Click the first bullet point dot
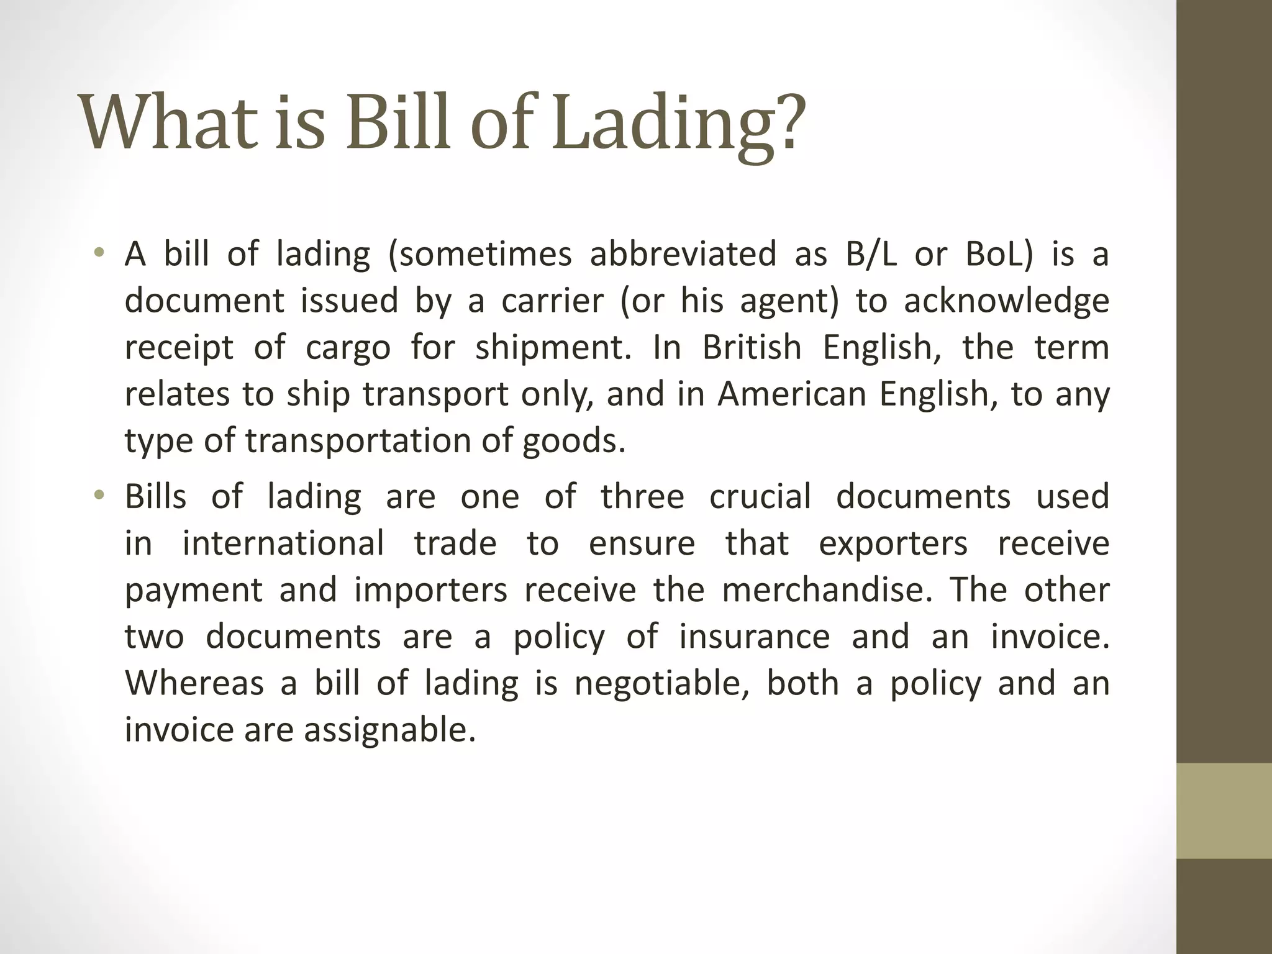click(98, 253)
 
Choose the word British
click(752, 347)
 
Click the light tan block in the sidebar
click(1224, 811)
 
